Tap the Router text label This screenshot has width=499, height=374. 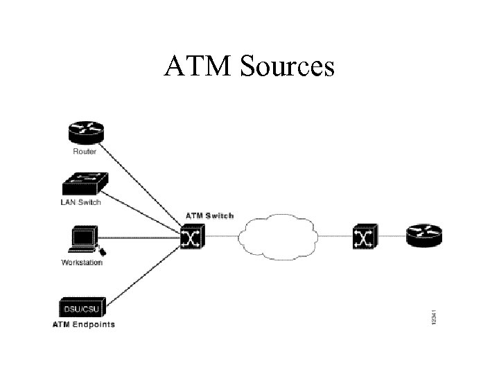click(x=85, y=151)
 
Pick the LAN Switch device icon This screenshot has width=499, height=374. click(x=84, y=183)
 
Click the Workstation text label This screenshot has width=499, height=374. click(x=82, y=262)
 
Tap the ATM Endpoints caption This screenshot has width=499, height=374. click(x=83, y=324)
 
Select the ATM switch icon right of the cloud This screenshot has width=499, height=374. click(x=364, y=238)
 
